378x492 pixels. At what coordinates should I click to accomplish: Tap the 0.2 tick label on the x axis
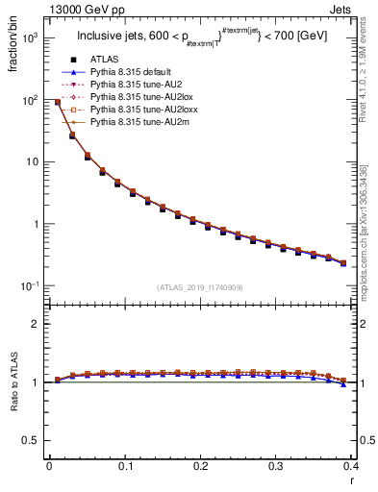pos(200,467)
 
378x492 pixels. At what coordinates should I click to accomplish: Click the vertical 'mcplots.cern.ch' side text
pos(370,221)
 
